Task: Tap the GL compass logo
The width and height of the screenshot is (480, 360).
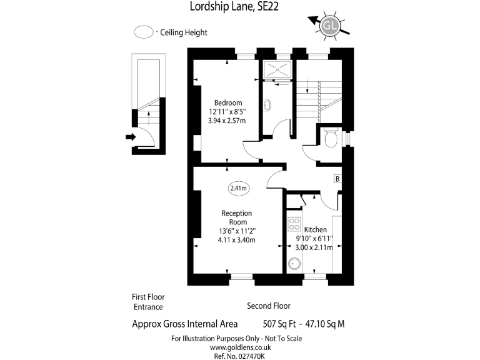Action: click(x=331, y=26)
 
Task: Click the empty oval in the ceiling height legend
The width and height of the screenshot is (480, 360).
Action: click(x=144, y=32)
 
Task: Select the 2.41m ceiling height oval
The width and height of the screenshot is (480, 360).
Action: click(x=238, y=187)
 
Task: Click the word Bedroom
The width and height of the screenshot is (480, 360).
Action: click(x=227, y=103)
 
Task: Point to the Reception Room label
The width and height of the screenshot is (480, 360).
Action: click(x=236, y=217)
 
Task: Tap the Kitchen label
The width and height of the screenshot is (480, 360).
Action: click(x=316, y=230)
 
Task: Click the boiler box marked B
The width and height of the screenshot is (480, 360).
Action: click(x=337, y=179)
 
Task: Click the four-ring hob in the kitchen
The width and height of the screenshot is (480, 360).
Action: click(x=294, y=224)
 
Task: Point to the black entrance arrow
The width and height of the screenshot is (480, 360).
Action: click(x=131, y=136)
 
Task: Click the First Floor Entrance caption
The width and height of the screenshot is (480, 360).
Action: click(x=148, y=302)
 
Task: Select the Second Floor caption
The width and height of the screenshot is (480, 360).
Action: click(x=269, y=306)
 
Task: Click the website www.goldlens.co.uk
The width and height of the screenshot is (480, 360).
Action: click(x=236, y=347)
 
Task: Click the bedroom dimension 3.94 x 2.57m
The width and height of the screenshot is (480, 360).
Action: click(x=228, y=122)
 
